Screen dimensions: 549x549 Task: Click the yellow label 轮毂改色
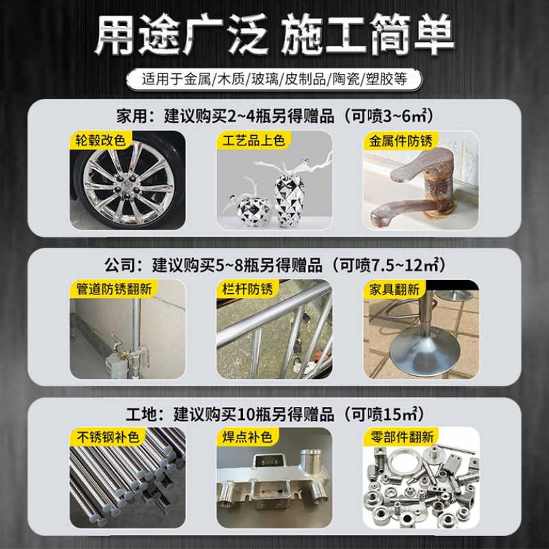coord(102,141)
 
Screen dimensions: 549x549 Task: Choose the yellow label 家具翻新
coord(393,289)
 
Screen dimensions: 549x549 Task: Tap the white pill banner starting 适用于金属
coord(274,78)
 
